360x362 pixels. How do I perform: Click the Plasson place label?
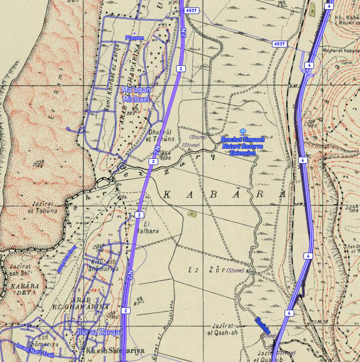tap(135, 38)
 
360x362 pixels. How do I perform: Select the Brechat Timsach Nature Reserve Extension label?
tap(242, 146)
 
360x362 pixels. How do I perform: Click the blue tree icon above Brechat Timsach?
tap(243, 131)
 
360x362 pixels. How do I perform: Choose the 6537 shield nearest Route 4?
tap(279, 44)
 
